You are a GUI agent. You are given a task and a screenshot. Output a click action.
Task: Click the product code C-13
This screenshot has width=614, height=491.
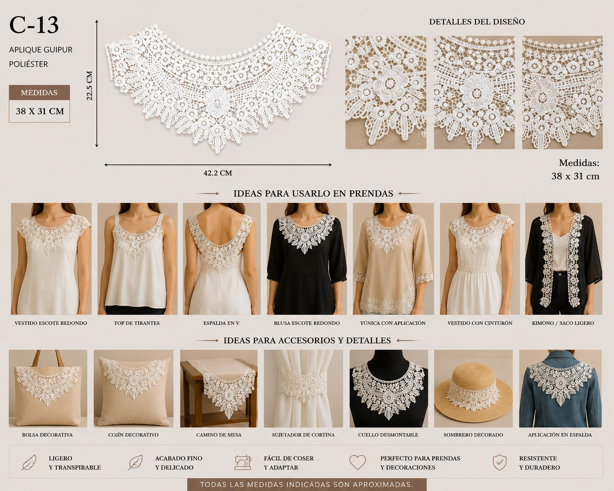[34, 25]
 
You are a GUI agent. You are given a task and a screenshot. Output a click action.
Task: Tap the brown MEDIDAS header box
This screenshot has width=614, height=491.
[39, 92]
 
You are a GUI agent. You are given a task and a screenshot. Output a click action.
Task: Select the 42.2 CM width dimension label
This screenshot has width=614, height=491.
[217, 173]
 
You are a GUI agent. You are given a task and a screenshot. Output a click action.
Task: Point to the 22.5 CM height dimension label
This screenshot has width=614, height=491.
[90, 85]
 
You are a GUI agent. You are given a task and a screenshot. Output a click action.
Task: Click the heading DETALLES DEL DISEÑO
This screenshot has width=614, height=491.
[477, 22]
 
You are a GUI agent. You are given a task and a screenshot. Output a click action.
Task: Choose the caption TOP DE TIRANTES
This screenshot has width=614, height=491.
[137, 323]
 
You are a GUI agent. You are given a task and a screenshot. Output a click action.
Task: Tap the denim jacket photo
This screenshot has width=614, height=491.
[561, 389]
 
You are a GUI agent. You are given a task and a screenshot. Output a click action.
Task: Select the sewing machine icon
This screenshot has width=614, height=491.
[243, 463]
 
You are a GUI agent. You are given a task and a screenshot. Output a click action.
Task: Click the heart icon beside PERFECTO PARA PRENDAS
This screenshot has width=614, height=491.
[357, 462]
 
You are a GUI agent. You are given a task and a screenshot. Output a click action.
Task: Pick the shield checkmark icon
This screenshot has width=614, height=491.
[499, 463]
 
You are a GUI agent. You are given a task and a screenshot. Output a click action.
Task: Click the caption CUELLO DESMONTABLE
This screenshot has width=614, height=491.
[388, 435]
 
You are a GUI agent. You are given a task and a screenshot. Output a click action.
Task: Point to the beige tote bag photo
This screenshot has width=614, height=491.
[48, 389]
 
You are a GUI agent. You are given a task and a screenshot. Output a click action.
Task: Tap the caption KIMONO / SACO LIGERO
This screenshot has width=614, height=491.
[563, 323]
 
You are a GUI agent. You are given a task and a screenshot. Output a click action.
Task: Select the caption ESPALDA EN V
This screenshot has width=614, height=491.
[221, 323]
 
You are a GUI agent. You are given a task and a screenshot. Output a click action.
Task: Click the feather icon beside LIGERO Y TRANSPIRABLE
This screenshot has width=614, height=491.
[29, 462]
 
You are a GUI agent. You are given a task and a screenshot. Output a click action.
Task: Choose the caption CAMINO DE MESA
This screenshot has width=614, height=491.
[219, 435]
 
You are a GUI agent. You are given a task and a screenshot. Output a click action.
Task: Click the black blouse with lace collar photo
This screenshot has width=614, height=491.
[307, 259]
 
